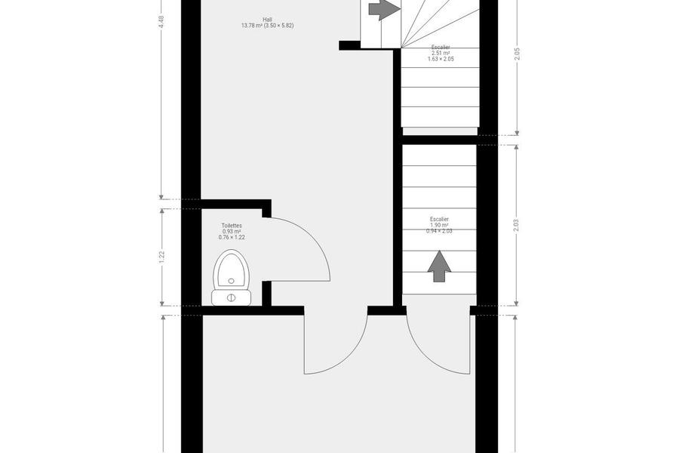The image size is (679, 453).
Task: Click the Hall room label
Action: click(x=267, y=23)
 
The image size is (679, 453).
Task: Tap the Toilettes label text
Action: click(x=232, y=226)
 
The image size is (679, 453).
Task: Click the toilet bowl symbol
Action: click(x=232, y=270)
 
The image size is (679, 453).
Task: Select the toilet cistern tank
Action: click(x=232, y=297)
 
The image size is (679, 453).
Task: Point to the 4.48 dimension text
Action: click(x=161, y=22)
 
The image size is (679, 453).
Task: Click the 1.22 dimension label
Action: click(x=161, y=257)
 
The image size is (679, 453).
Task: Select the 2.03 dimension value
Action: click(x=516, y=226)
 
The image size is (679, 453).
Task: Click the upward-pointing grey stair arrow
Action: click(x=439, y=267)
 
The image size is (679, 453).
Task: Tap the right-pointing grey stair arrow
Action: click(x=384, y=8)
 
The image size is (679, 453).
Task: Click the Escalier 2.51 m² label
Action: click(x=441, y=53)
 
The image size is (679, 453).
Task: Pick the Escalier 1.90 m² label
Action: click(x=439, y=225)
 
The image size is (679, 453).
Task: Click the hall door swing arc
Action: click(x=355, y=356)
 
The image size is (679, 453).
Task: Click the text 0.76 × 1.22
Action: click(x=232, y=238)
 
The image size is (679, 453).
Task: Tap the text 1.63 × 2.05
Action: click(x=441, y=59)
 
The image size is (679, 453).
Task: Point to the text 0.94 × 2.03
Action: click(x=439, y=231)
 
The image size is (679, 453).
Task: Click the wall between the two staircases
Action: click(x=439, y=140)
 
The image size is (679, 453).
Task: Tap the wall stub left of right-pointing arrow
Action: click(x=349, y=45)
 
